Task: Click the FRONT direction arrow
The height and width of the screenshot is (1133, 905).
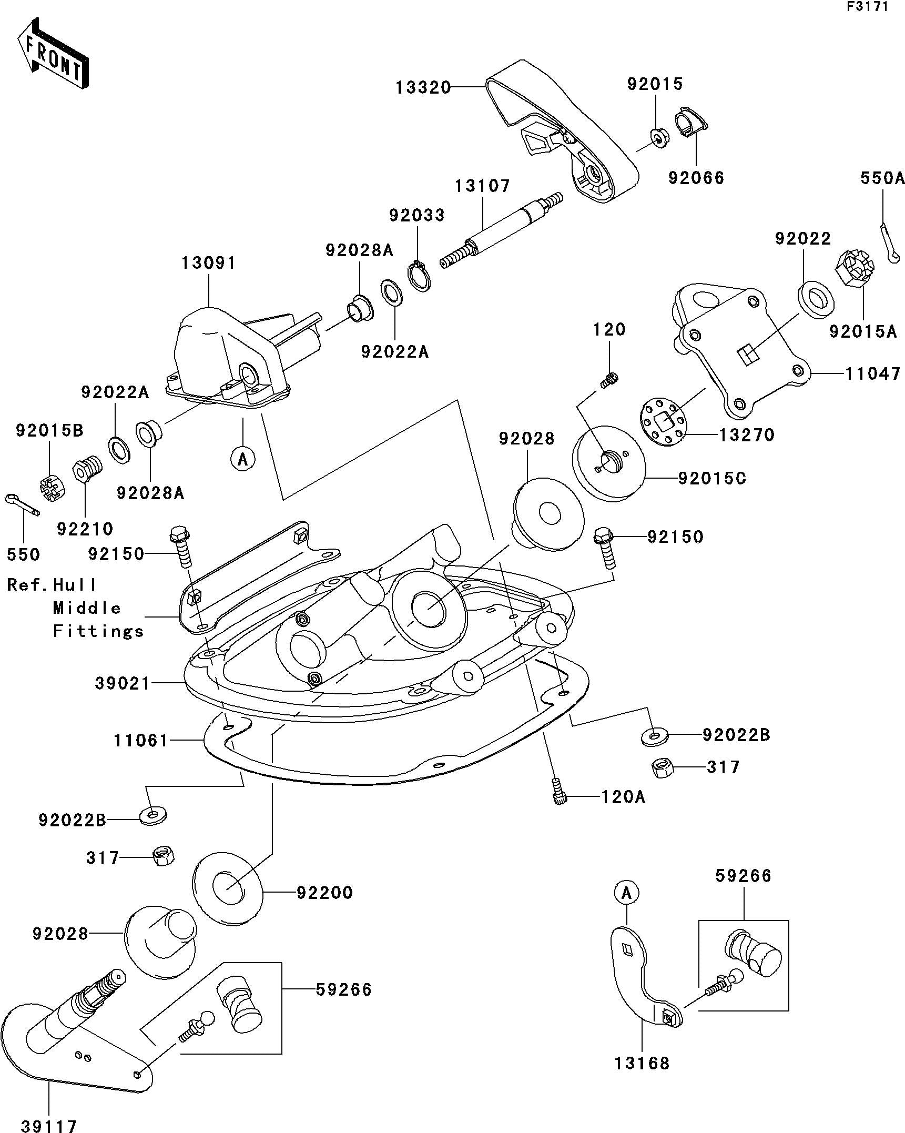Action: pyautogui.click(x=52, y=54)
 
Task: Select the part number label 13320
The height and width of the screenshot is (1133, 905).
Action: pyautogui.click(x=423, y=87)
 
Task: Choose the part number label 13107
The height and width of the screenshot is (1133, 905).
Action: pyautogui.click(x=482, y=186)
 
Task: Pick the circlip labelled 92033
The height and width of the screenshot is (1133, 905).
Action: pyautogui.click(x=420, y=275)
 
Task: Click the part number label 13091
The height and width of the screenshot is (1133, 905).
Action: pyautogui.click(x=209, y=263)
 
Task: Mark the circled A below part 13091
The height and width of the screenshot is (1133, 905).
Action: pyautogui.click(x=242, y=459)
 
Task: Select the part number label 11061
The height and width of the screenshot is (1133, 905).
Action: pyautogui.click(x=141, y=741)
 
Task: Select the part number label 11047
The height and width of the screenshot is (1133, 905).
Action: pyautogui.click(x=873, y=373)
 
